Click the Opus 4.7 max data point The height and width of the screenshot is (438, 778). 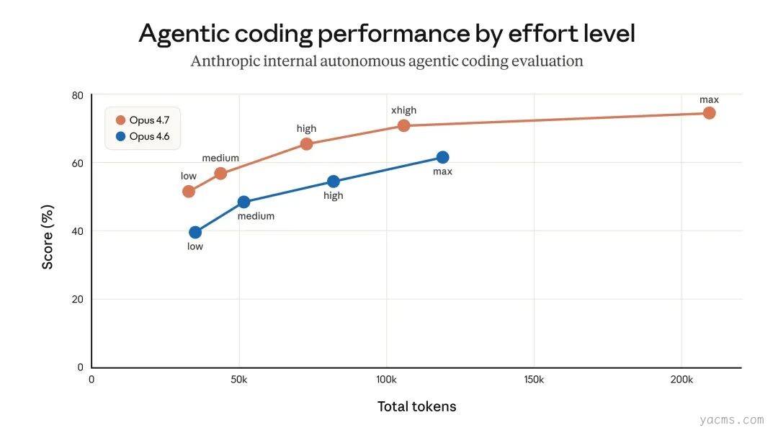709,112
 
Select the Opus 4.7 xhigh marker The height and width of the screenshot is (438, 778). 403,125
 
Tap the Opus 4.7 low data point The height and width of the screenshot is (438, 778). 189,191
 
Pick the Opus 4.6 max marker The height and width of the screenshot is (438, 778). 442,157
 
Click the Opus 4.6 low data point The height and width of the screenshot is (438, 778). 195,232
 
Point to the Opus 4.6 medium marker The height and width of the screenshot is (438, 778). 243,202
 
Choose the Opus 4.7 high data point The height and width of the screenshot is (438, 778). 306,143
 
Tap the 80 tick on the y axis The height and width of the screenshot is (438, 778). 77,96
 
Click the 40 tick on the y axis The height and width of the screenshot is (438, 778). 77,231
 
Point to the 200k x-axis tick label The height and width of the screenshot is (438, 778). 681,379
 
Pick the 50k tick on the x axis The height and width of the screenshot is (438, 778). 239,379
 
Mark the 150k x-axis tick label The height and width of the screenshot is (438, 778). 534,379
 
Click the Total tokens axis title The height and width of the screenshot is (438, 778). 416,406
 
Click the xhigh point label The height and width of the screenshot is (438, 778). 403,110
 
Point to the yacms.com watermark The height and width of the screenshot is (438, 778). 730,419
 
